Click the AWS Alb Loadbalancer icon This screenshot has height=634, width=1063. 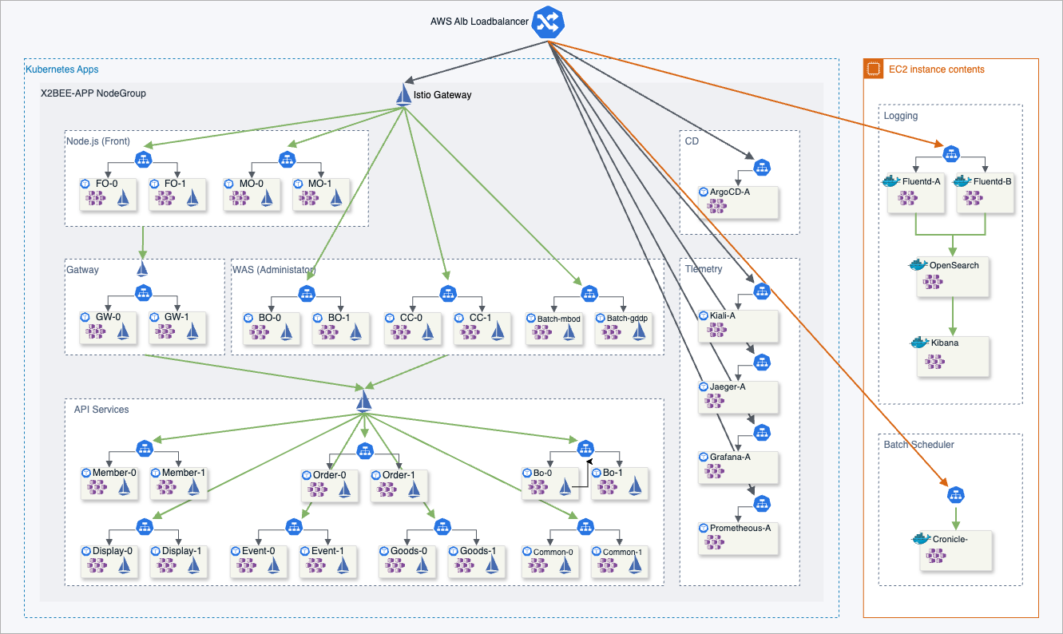pos(549,22)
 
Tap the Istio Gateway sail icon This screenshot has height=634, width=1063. pos(404,94)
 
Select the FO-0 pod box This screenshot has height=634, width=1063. pos(108,194)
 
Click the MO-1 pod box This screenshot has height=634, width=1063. pos(321,194)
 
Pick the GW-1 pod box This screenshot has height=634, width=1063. pos(177,327)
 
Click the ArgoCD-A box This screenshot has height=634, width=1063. pos(737,202)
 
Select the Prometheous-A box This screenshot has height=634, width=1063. pos(737,538)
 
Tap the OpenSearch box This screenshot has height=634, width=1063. pos(953,276)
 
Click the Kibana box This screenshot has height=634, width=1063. pos(953,356)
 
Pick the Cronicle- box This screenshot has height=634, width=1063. pos(955,550)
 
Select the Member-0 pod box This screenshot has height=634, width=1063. pos(108,483)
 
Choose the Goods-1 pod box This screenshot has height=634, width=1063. pos(477,561)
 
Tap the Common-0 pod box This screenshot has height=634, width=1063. pos(549,561)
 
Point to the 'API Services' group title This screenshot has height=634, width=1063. pos(101,410)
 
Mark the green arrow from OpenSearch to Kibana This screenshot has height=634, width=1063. pos(952,316)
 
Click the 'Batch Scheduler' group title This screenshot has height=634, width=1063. pos(918,445)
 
